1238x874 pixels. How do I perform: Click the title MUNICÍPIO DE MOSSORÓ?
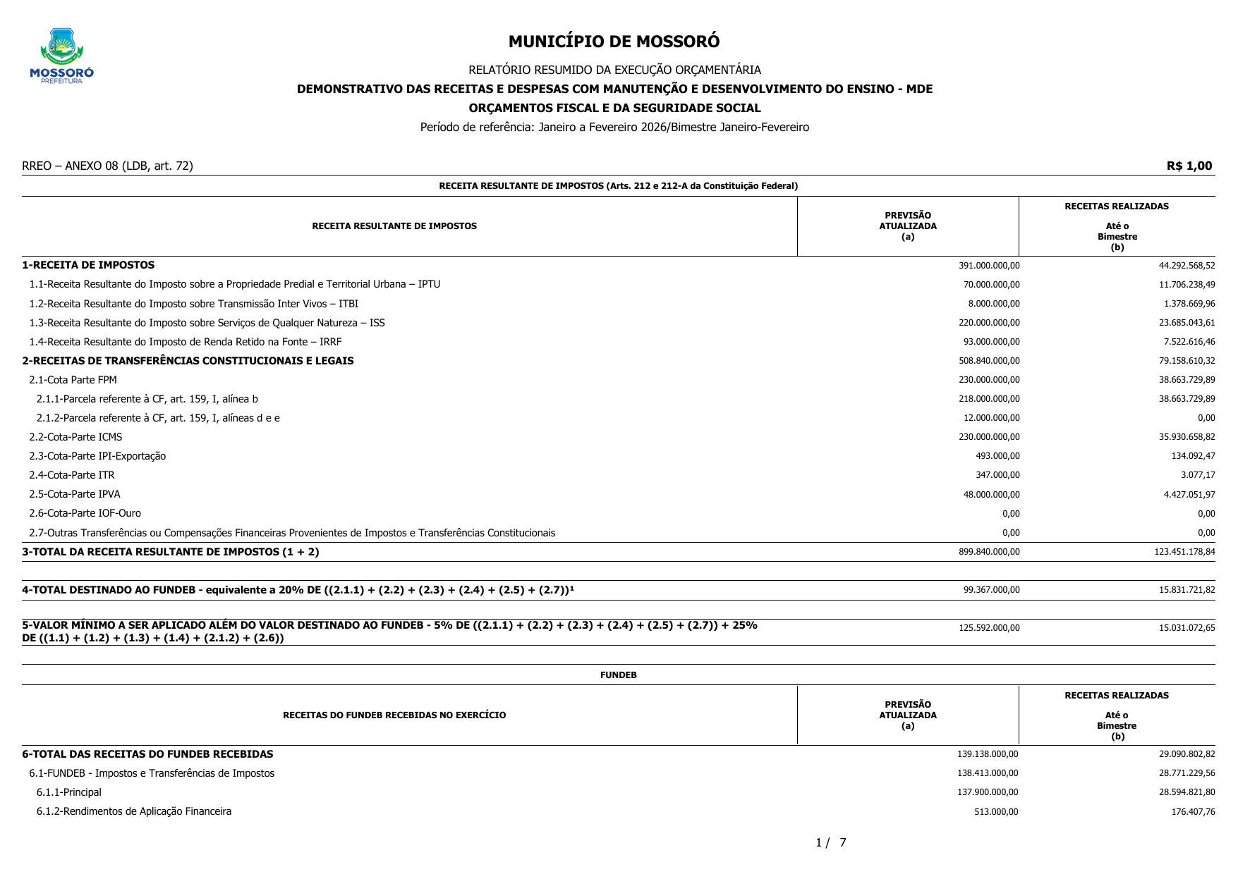614,42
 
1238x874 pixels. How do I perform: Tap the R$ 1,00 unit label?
1189,166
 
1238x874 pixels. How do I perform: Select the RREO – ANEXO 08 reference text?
107,166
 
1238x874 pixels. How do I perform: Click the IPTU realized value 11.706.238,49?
1187,285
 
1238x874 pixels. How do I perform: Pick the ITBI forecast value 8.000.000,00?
993,304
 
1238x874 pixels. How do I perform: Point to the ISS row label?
207,323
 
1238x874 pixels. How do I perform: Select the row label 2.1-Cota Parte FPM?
73,380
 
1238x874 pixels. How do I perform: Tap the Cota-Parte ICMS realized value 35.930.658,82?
1187,437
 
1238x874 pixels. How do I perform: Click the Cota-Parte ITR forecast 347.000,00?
997,475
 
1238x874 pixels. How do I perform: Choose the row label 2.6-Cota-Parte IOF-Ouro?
85,513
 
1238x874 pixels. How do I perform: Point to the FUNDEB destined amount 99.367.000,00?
991,590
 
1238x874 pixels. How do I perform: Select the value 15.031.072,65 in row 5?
1187,628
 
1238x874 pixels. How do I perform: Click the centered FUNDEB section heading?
618,675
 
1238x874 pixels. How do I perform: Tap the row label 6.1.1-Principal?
68,792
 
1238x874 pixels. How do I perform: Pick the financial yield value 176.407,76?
1193,812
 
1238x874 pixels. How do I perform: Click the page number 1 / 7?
830,842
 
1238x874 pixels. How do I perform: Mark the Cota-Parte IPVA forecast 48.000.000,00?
991,495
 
